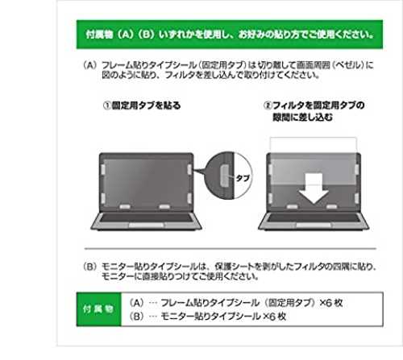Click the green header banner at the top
tap(230, 35)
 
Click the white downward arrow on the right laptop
tap(314, 188)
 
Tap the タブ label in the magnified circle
tap(243, 178)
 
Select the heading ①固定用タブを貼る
tap(142, 106)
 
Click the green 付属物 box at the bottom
tap(99, 309)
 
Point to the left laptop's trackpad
tap(146, 225)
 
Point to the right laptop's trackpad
tap(314, 225)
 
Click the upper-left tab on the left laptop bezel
tap(103, 169)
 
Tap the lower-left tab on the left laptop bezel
tap(103, 198)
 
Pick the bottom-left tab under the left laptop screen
tap(125, 207)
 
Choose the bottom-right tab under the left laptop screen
tap(164, 207)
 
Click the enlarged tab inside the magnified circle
tap(225, 176)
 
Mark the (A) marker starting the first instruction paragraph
tap(89, 65)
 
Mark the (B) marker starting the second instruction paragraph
tap(89, 267)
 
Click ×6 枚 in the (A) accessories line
tap(331, 303)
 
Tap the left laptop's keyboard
tap(146, 217)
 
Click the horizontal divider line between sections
tap(231, 249)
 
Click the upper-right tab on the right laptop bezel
tap(357, 169)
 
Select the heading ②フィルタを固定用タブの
tap(314, 106)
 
